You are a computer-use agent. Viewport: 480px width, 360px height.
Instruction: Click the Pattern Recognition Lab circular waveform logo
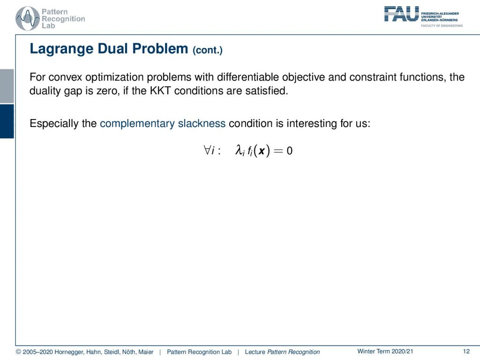[x=28, y=19]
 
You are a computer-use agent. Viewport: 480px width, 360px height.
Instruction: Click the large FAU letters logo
[x=401, y=14]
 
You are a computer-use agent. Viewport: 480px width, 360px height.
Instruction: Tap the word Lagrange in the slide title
[x=61, y=49]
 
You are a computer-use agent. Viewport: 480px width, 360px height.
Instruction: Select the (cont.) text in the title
[x=208, y=50]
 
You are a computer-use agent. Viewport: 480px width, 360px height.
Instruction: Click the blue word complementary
[x=137, y=124]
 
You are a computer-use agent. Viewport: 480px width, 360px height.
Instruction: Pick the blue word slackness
[x=202, y=123]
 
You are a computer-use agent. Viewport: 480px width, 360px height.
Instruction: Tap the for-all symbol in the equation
[x=207, y=150]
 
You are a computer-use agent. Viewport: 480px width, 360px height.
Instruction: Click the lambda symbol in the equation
[x=239, y=150]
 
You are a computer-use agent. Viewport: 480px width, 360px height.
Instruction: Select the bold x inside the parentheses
[x=262, y=151]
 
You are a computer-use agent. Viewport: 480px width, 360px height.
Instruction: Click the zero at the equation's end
[x=289, y=150]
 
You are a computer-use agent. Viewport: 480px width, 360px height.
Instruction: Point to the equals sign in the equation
[x=278, y=150]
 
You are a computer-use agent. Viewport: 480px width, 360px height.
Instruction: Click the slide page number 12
[x=466, y=352]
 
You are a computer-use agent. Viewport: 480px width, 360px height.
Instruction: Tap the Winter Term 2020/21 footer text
[x=385, y=352]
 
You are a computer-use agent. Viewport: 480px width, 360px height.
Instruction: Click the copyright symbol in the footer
[x=18, y=352]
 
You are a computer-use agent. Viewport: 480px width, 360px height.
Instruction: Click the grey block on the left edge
[x=7, y=86]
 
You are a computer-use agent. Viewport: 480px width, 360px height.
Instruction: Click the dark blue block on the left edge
[x=7, y=121]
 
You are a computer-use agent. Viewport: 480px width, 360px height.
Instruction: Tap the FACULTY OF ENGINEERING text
[x=442, y=26]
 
